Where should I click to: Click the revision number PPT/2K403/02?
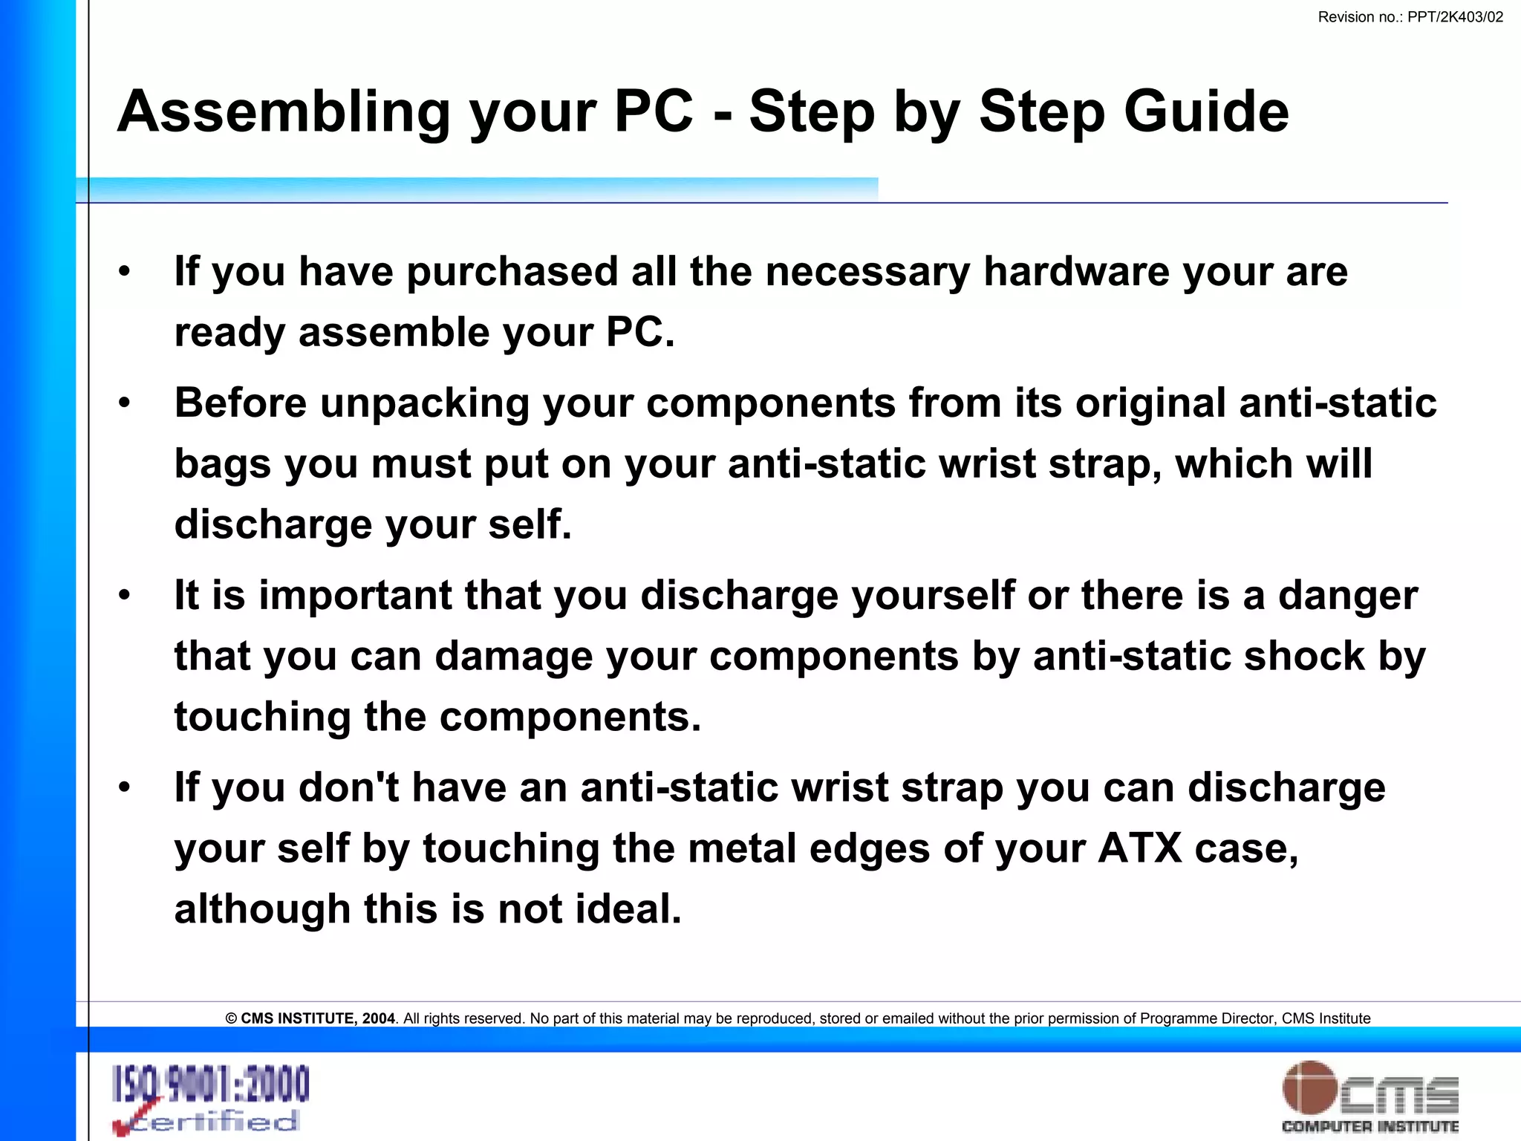pyautogui.click(x=1455, y=17)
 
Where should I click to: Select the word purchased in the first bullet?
pyautogui.click(x=512, y=271)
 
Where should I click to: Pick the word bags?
pyautogui.click(x=222, y=464)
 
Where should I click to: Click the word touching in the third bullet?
pyautogui.click(x=262, y=717)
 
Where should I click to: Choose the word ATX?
pyautogui.click(x=1140, y=848)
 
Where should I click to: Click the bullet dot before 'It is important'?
pyautogui.click(x=125, y=595)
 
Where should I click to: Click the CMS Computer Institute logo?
pyautogui.click(x=1369, y=1096)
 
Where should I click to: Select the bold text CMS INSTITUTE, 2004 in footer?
pyautogui.click(x=317, y=1018)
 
